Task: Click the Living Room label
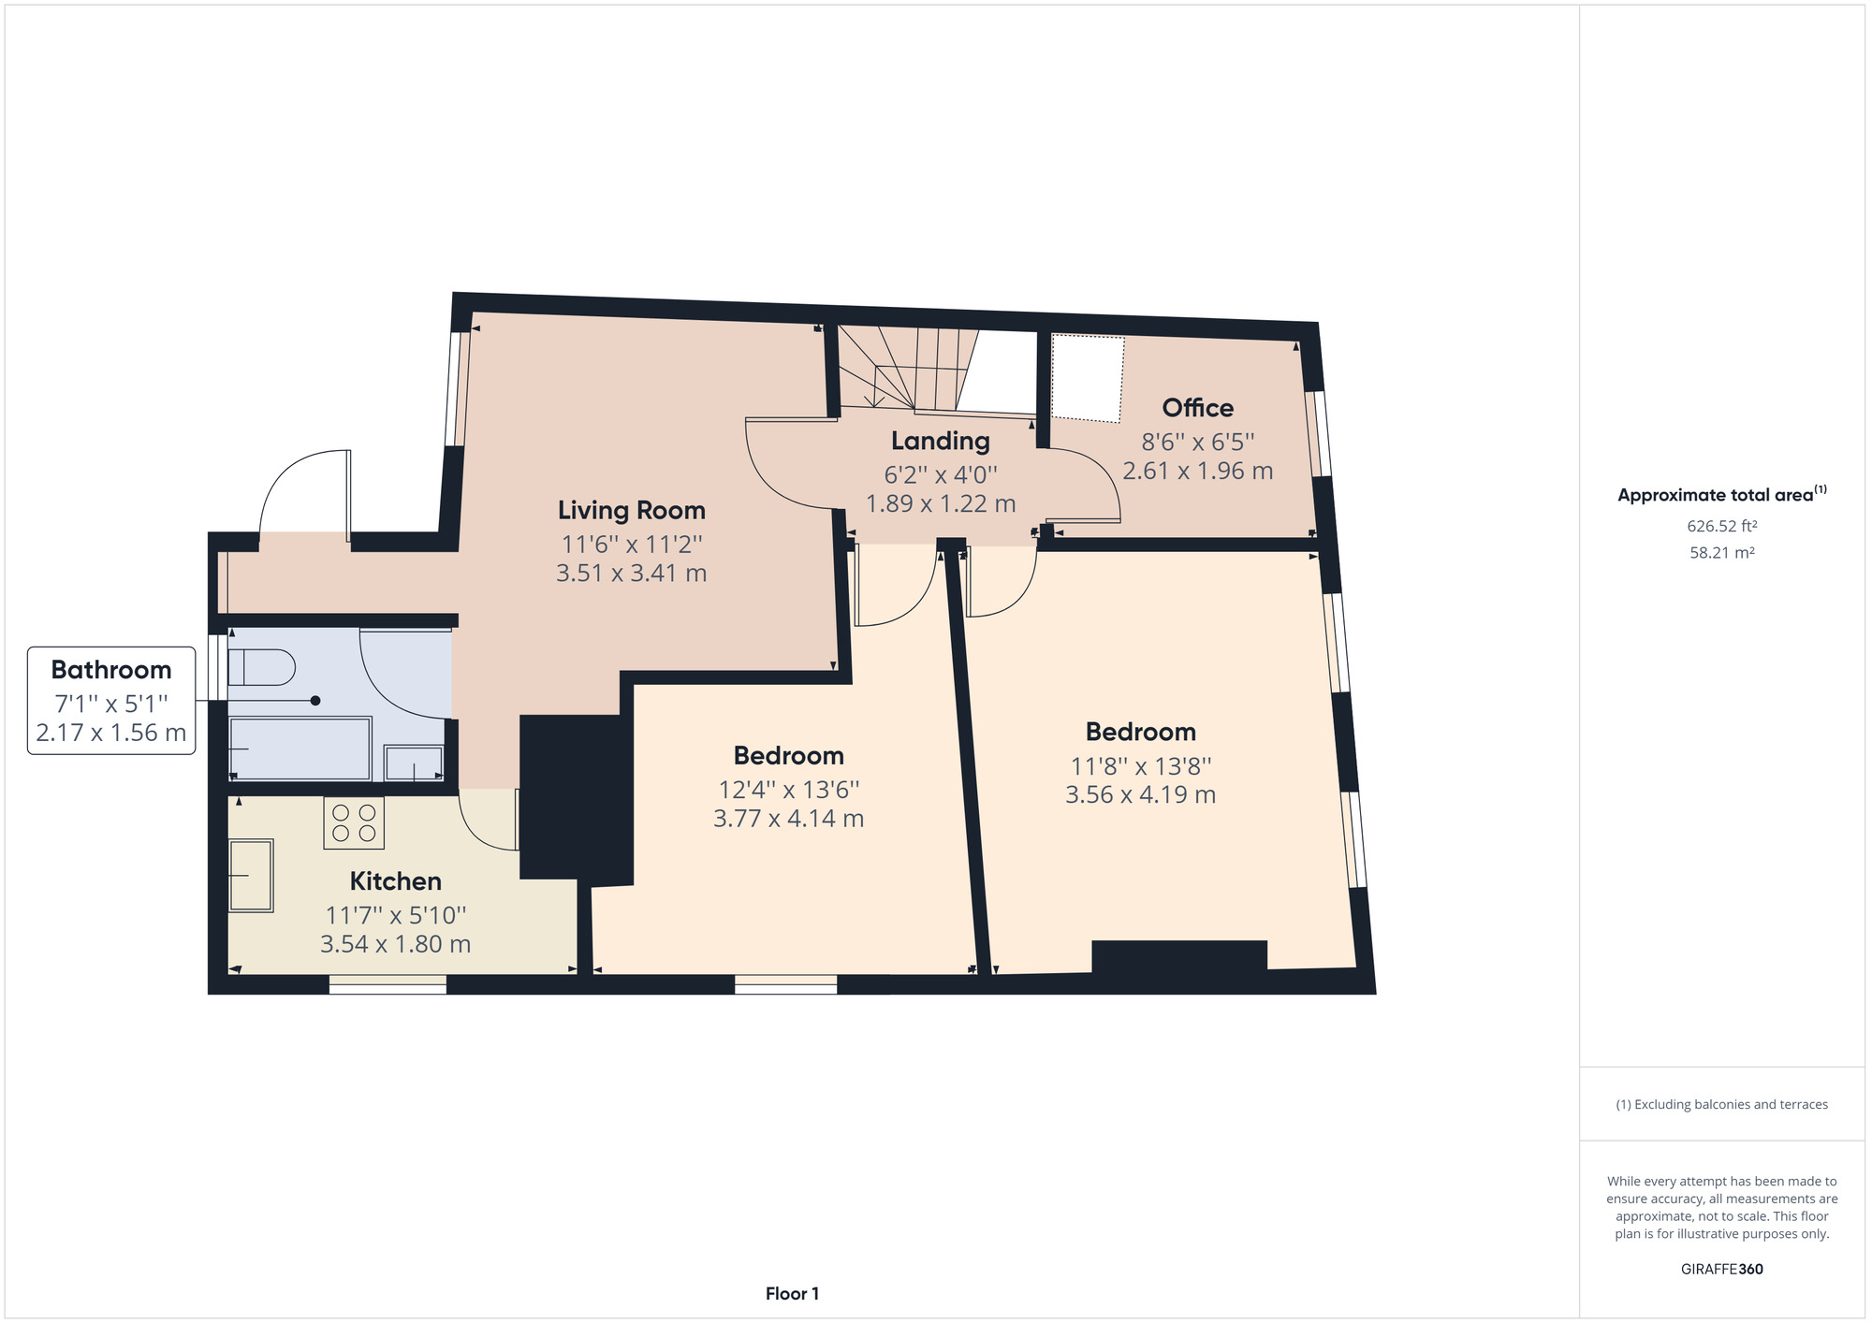pyautogui.click(x=632, y=510)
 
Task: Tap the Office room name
pyautogui.click(x=1198, y=408)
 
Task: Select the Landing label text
pyautogui.click(x=941, y=441)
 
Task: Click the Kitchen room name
pyautogui.click(x=396, y=881)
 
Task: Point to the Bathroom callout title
pyautogui.click(x=111, y=670)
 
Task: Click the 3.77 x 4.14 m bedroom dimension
pyautogui.click(x=788, y=819)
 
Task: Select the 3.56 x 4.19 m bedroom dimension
pyautogui.click(x=1141, y=794)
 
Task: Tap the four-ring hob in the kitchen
pyautogui.click(x=354, y=822)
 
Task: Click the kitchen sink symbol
pyautogui.click(x=251, y=876)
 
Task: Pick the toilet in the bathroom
pyautogui.click(x=261, y=667)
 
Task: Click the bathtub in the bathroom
pyautogui.click(x=300, y=749)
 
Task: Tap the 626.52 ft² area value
pyautogui.click(x=1722, y=526)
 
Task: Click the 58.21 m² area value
pyautogui.click(x=1722, y=553)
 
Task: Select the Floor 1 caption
pyautogui.click(x=792, y=1294)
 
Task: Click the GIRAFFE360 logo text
pyautogui.click(x=1722, y=1270)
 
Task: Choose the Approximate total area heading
pyautogui.click(x=1722, y=494)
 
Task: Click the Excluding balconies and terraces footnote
pyautogui.click(x=1722, y=1105)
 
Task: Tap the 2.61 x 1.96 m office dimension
pyautogui.click(x=1198, y=471)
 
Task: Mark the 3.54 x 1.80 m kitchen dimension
pyautogui.click(x=396, y=944)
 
